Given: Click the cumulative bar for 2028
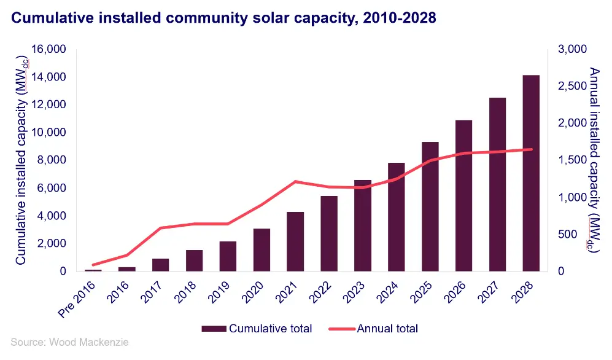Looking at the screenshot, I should (530, 173).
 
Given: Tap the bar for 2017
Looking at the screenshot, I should (160, 265).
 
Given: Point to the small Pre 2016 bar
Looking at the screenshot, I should (93, 270).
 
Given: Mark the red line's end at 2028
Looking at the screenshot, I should (530, 149).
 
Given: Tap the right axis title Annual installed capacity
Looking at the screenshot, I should (593, 160).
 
